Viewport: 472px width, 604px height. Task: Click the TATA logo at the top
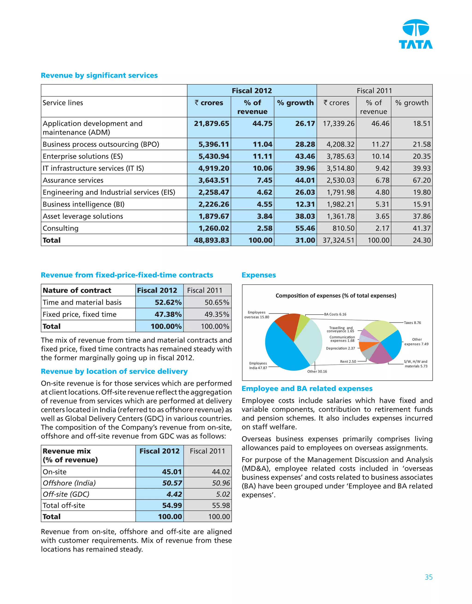(415, 34)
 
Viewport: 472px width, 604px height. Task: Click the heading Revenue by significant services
(99, 76)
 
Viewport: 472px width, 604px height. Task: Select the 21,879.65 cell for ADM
(211, 124)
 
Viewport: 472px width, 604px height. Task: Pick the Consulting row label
(61, 228)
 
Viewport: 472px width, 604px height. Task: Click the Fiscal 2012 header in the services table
(252, 91)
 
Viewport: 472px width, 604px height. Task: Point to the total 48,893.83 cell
(211, 240)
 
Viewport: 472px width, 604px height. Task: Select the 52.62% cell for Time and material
(168, 303)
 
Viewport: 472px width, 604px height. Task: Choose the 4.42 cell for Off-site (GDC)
(174, 494)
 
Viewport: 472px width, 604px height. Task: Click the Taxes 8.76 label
(412, 323)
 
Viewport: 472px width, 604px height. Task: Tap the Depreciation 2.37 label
(340, 348)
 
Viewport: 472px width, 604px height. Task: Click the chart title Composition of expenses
(336, 296)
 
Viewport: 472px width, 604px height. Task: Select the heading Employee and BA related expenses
(307, 389)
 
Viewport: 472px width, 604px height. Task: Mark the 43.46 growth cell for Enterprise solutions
(305, 156)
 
